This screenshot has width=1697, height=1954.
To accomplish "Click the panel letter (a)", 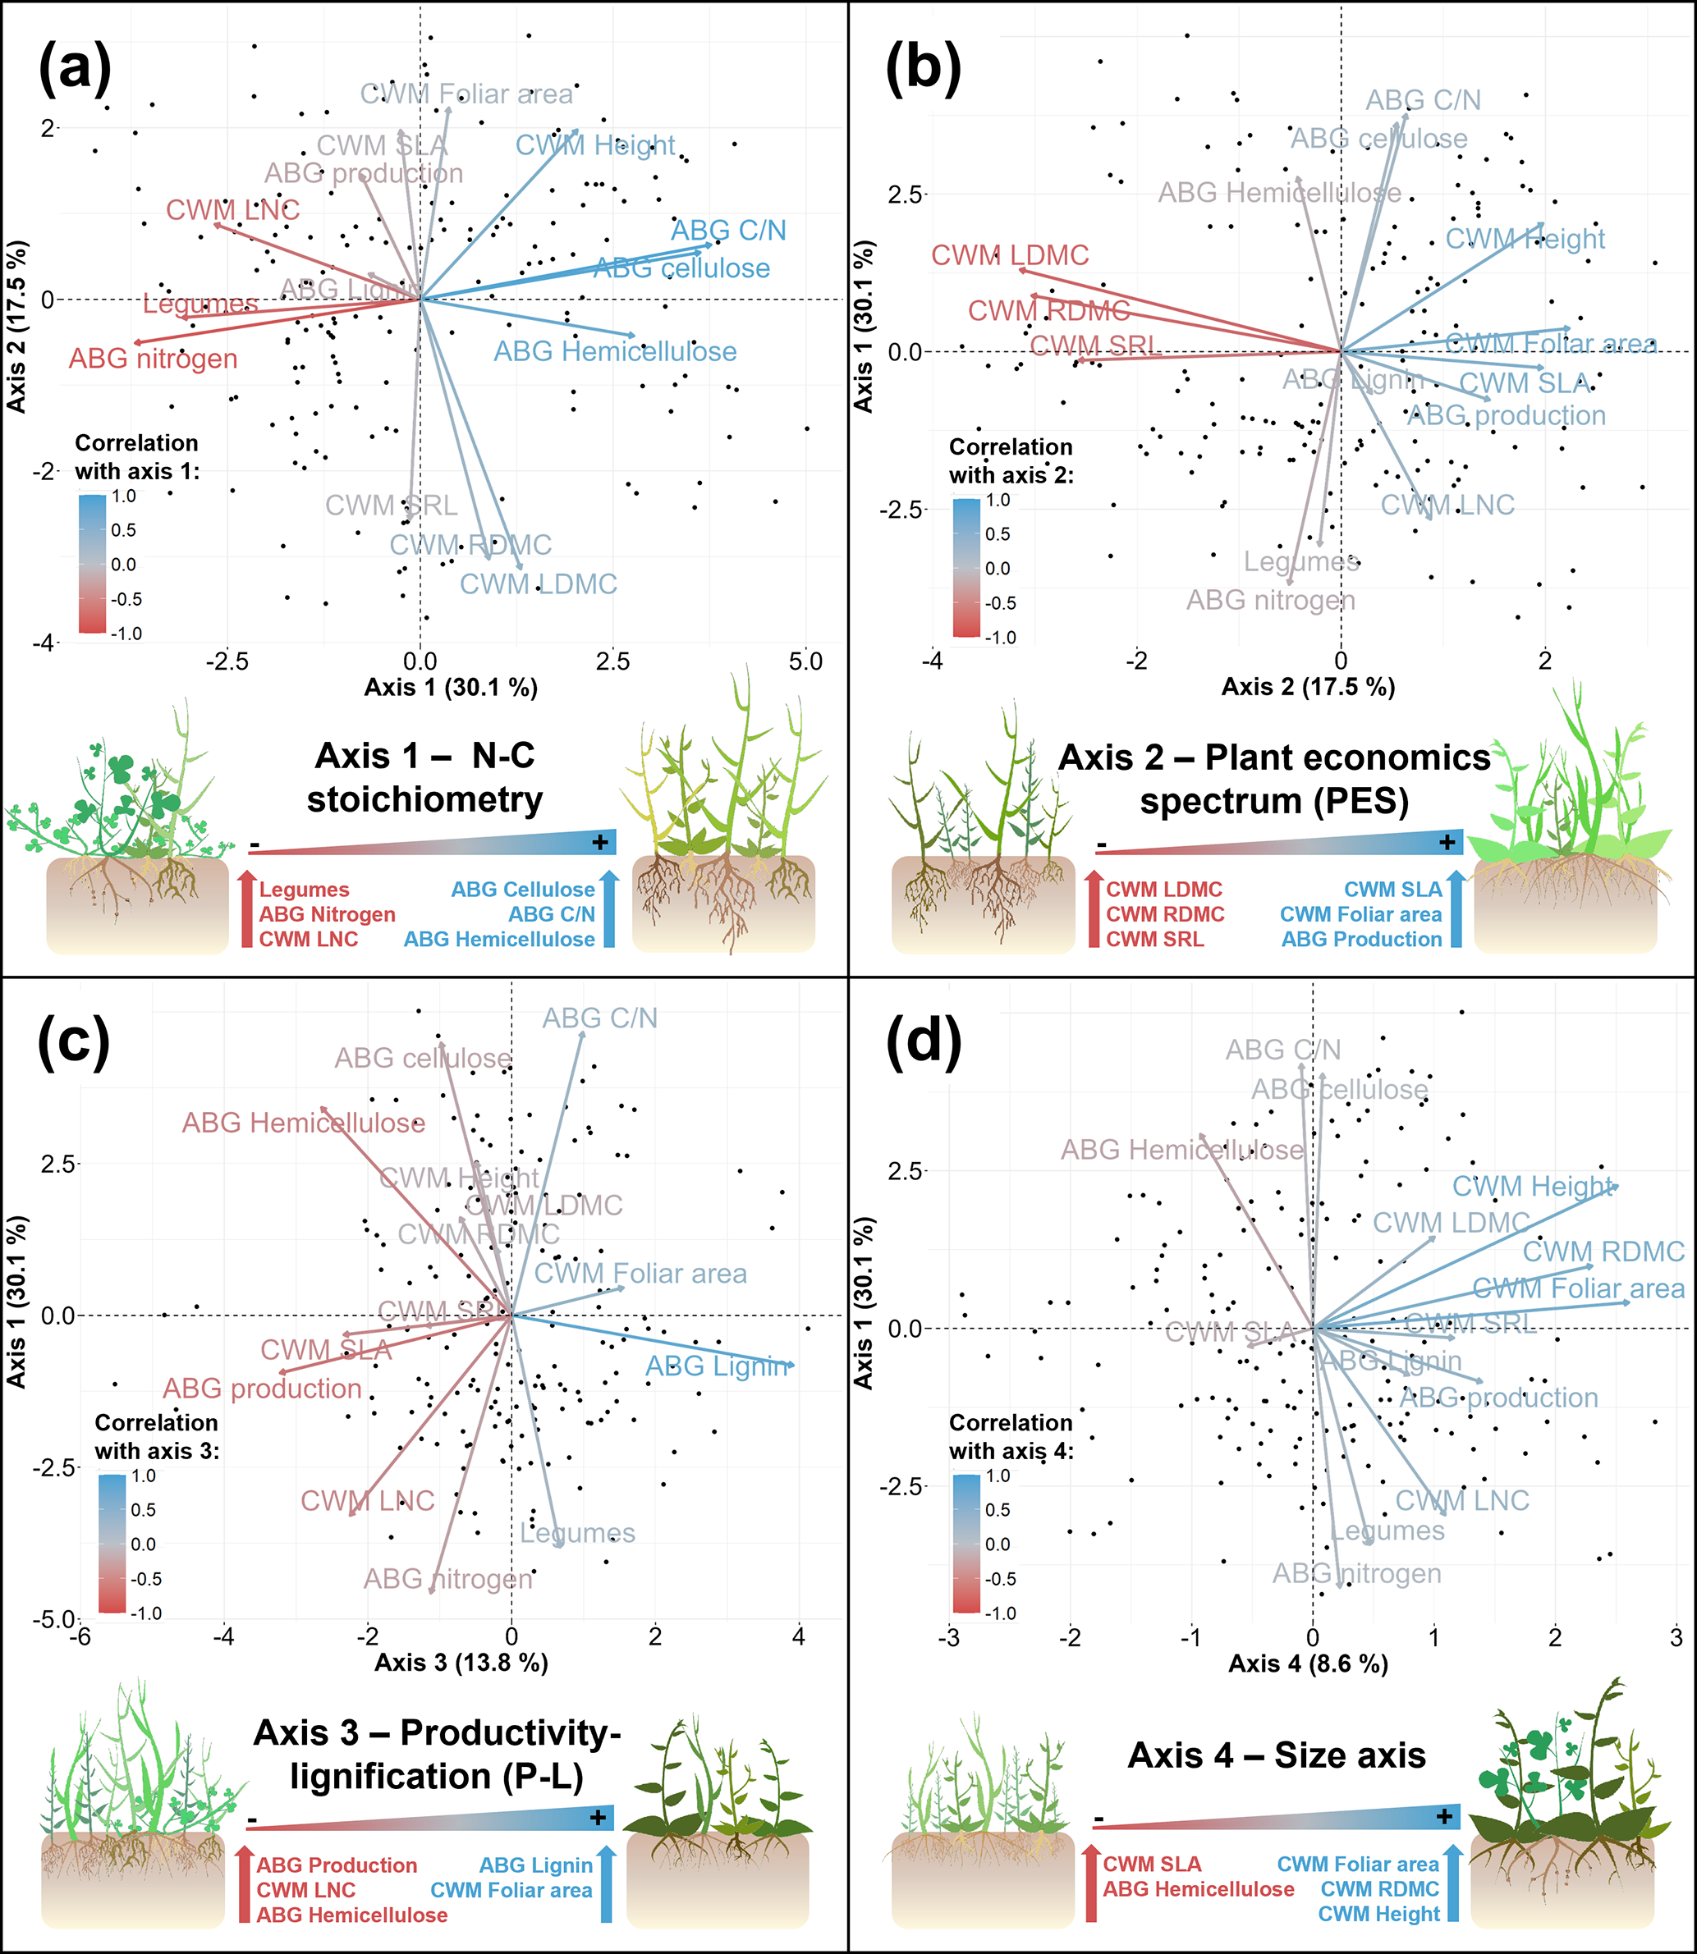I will pyautogui.click(x=75, y=69).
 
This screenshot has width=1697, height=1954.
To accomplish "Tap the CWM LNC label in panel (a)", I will pyautogui.click(x=233, y=209).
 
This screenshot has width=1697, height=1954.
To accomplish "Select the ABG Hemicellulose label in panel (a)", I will pyautogui.click(x=615, y=351).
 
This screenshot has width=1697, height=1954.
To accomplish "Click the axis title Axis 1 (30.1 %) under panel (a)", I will pyautogui.click(x=451, y=688).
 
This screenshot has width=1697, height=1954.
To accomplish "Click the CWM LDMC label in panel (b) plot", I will pyautogui.click(x=1010, y=254).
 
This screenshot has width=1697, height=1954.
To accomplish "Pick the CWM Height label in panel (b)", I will pyautogui.click(x=1525, y=239).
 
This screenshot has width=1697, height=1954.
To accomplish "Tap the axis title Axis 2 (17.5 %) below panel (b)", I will pyautogui.click(x=1308, y=688).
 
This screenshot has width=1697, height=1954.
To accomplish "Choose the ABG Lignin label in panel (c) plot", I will pyautogui.click(x=717, y=1366).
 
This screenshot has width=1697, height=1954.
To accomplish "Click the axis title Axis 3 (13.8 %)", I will pyautogui.click(x=461, y=1663).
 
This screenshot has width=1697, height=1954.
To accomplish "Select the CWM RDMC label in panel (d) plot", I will pyautogui.click(x=1603, y=1252).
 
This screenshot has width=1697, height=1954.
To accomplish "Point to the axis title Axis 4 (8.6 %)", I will pyautogui.click(x=1308, y=1663).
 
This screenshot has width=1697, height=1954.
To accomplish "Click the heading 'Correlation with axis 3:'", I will pyautogui.click(x=156, y=1436).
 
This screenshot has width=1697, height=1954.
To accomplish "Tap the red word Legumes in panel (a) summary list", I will pyautogui.click(x=304, y=890).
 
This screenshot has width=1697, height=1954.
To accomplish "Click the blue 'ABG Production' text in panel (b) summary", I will pyautogui.click(x=1361, y=939).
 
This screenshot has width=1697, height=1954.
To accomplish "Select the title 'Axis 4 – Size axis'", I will pyautogui.click(x=1277, y=1755).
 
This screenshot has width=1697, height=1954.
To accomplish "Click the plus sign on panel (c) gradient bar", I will pyautogui.click(x=598, y=1817).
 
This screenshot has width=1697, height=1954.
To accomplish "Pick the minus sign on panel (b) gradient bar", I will pyautogui.click(x=1101, y=844).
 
